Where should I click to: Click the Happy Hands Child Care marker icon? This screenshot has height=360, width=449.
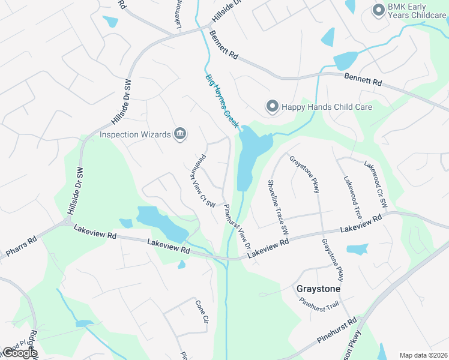coord(271,107)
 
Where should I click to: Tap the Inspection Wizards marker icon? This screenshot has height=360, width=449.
coord(179,134)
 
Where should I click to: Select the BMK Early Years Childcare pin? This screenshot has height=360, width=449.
coord(378,10)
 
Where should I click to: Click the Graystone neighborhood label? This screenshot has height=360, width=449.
coord(319,289)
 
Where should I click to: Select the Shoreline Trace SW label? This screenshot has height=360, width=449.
coord(277,206)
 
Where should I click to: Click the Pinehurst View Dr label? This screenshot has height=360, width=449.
coord(237,227)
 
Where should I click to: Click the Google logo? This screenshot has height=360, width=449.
coord(20,353)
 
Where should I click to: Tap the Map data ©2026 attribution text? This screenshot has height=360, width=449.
coord(424,355)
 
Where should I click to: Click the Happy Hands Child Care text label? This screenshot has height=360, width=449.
coord(327,107)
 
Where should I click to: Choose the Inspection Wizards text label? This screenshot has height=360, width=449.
coord(134,134)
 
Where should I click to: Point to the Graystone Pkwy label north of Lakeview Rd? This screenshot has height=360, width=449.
coord(304,174)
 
